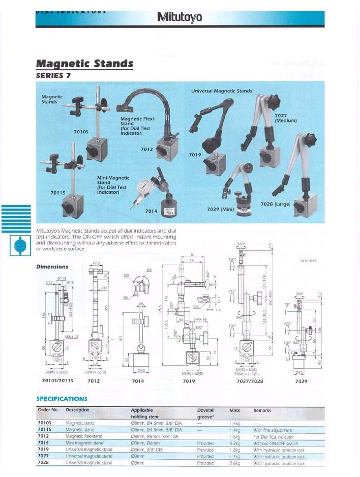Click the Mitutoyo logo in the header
pyautogui.click(x=180, y=18)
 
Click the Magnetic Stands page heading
pyautogui.click(x=85, y=63)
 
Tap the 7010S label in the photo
pyautogui.click(x=81, y=132)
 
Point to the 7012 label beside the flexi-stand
pyautogui.click(x=147, y=149)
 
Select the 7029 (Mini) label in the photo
pyautogui.click(x=220, y=209)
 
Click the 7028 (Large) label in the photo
pyautogui.click(x=275, y=204)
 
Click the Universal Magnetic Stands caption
pyautogui.click(x=221, y=91)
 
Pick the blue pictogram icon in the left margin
pyautogui.click(x=20, y=246)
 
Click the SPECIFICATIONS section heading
pyautogui.click(x=61, y=398)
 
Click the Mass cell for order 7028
pyautogui.click(x=235, y=463)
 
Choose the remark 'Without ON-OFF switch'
pyautogui.click(x=275, y=443)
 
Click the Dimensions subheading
pyautogui.click(x=52, y=267)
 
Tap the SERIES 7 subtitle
pyautogui.click(x=57, y=76)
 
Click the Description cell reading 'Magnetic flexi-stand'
pyautogui.click(x=84, y=436)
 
